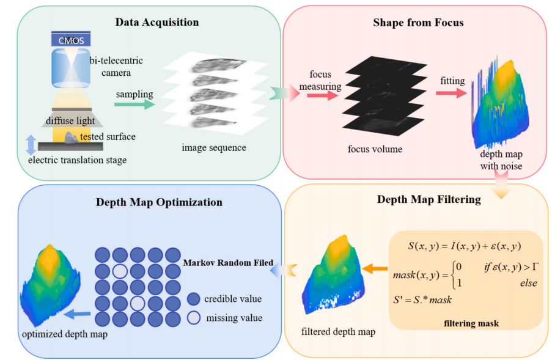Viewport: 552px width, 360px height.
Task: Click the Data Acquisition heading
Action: point(157,23)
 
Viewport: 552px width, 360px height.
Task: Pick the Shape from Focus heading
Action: point(418,23)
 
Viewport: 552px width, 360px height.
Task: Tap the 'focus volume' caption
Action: point(375,149)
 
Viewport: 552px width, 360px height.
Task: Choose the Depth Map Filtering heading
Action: point(420,199)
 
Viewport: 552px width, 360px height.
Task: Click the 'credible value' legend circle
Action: point(193,299)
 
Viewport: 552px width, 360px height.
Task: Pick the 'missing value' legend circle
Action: point(193,317)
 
